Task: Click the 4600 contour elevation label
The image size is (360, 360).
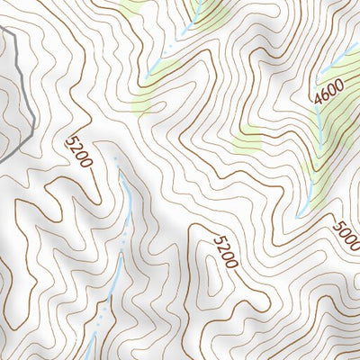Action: coord(323,94)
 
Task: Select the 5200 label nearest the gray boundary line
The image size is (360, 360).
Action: coord(79,152)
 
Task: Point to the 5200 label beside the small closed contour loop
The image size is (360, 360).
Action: coord(225,251)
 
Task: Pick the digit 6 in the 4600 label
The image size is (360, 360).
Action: coord(321,98)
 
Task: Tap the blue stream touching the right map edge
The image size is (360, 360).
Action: coord(343,61)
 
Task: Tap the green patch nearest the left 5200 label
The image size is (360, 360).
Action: coord(144,99)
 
